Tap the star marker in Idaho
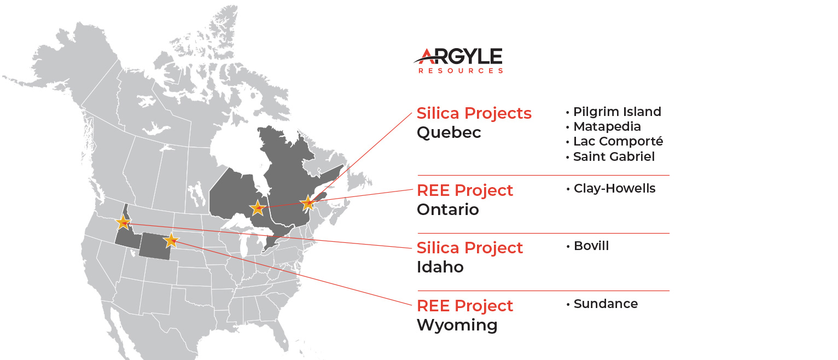[123, 222]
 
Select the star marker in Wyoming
[171, 240]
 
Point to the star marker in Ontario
[258, 208]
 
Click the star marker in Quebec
[308, 203]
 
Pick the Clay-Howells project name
[615, 188]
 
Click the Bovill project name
[591, 246]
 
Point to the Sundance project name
[606, 304]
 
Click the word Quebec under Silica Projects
[449, 132]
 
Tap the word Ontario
[448, 210]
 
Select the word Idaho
[440, 267]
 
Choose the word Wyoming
[457, 325]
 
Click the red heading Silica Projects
[474, 113]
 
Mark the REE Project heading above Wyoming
[464, 306]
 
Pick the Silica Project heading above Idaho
[469, 248]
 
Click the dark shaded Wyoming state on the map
[155, 247]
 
